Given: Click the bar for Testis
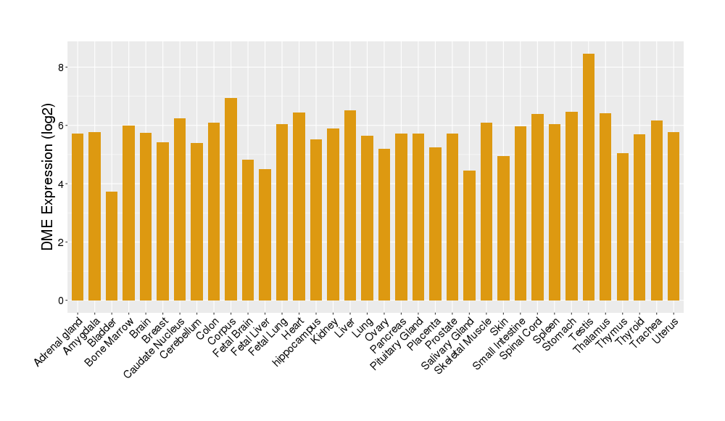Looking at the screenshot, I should pyautogui.click(x=589, y=177).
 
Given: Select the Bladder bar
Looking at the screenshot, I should pyautogui.click(x=112, y=246).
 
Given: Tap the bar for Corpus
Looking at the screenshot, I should pyautogui.click(x=231, y=199).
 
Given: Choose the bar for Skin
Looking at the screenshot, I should pyautogui.click(x=504, y=228).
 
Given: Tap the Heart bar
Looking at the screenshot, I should pyautogui.click(x=299, y=206).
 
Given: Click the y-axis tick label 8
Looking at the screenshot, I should pyautogui.click(x=62, y=68).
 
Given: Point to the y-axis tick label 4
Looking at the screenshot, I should pyautogui.click(x=62, y=184).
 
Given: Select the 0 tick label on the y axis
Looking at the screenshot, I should pyautogui.click(x=62, y=301).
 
